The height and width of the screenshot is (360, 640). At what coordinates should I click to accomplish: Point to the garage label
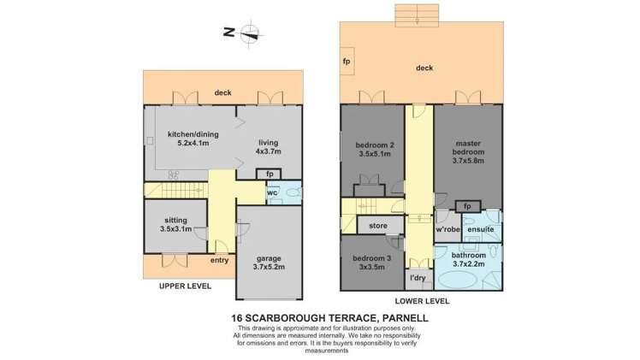268,262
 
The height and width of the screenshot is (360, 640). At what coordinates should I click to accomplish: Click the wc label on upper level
272,192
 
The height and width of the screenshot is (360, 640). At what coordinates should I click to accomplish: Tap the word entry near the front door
219,260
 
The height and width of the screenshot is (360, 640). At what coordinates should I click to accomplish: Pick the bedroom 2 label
374,150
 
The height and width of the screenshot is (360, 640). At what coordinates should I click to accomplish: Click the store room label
378,227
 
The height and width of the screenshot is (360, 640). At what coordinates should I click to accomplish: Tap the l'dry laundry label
418,279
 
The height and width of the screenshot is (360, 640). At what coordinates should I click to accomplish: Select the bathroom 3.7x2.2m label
469,260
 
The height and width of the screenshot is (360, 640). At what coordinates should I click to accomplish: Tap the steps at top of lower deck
418,12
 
